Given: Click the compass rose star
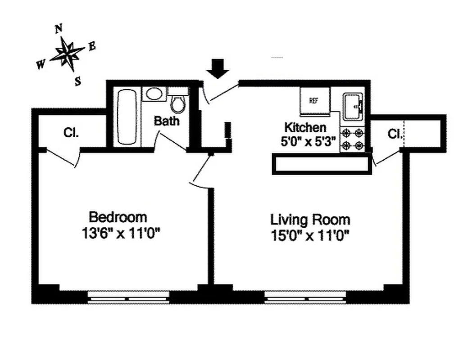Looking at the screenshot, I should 67,53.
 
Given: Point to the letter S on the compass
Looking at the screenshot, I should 78,81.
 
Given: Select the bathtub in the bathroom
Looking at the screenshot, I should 127,117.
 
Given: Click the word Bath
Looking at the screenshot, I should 167,121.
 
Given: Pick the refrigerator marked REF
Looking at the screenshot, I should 314,101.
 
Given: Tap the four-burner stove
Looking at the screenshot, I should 353,139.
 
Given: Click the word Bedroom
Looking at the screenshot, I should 118,217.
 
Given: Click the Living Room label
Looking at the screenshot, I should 310,220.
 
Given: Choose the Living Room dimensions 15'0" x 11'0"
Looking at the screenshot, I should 310,235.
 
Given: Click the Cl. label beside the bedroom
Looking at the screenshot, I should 71,133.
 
